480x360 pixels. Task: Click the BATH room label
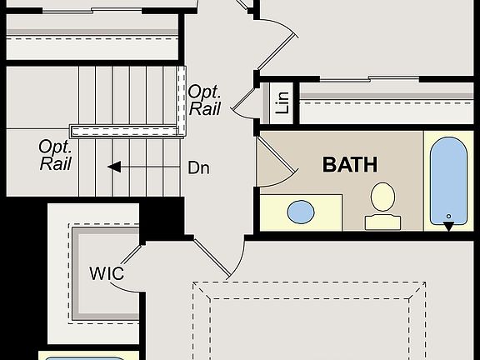point(350,164)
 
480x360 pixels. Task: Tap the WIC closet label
point(107,272)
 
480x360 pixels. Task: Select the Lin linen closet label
point(283,101)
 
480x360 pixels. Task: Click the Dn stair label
point(198,167)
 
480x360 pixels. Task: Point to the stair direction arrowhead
point(114,167)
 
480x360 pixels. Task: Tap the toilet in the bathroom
point(382,198)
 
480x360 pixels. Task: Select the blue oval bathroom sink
point(302,212)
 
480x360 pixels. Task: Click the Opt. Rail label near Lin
point(204,99)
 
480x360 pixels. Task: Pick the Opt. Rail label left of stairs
point(55,154)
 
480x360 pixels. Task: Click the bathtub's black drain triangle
point(448,224)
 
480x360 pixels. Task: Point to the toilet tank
point(382,222)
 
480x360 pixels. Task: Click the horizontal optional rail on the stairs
point(125,131)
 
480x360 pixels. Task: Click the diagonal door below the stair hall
point(212,257)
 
